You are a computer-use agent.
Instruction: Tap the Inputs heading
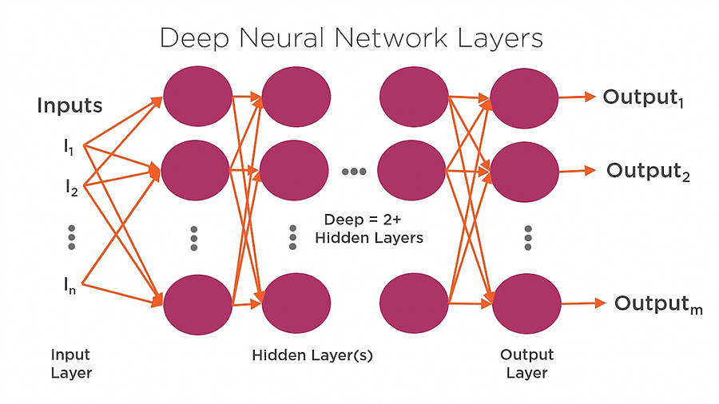point(70,105)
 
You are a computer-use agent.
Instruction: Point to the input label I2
point(70,188)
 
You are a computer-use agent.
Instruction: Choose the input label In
point(70,286)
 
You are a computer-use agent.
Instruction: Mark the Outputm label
point(658,304)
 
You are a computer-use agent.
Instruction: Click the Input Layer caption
point(71,363)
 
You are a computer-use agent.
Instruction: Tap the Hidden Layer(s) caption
point(312,354)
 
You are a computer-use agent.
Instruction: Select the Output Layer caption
point(526,363)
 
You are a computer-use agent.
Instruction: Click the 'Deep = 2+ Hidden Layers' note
point(368,228)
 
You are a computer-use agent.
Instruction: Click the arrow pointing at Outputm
point(582,303)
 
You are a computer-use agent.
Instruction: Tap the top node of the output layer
point(524,97)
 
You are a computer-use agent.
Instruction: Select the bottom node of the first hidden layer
point(196,303)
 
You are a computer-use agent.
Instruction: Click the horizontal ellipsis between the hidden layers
point(354,171)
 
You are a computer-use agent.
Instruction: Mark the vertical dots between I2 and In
point(71,237)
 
